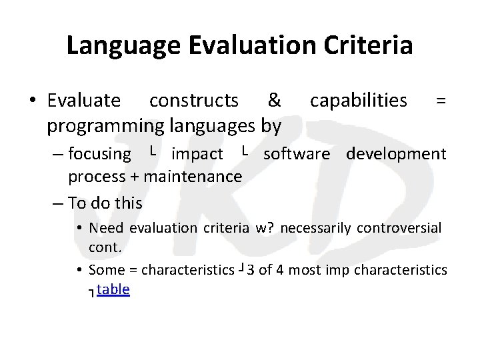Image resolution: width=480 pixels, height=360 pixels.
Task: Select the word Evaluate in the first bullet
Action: [84, 101]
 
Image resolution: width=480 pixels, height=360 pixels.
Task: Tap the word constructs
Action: [194, 101]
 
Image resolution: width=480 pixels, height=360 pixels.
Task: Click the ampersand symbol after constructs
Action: [273, 101]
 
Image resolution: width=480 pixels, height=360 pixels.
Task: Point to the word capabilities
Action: [359, 101]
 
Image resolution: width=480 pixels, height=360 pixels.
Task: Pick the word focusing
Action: [100, 154]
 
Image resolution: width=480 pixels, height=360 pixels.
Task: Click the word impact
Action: [197, 154]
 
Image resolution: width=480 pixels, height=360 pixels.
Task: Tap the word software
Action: [297, 154]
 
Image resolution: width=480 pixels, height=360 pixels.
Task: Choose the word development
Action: [396, 154]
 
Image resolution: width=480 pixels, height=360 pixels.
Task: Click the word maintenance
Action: [192, 177]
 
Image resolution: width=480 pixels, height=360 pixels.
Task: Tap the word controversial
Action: [399, 229]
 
